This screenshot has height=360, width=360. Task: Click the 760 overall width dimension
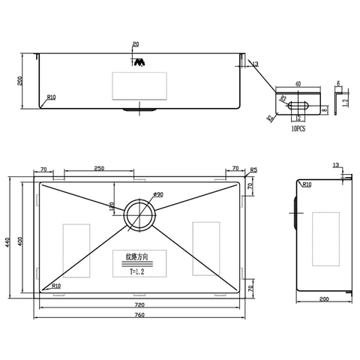point(138,314)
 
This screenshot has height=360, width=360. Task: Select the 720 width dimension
point(138,305)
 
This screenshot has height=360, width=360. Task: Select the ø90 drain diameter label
point(158,195)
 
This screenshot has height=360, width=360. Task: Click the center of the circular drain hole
point(139,214)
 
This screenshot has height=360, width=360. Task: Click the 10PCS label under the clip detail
point(298,128)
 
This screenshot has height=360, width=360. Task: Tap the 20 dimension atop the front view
point(136,43)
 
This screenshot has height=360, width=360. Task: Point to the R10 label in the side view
point(307,183)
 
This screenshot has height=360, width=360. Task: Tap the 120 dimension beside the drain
point(112,205)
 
